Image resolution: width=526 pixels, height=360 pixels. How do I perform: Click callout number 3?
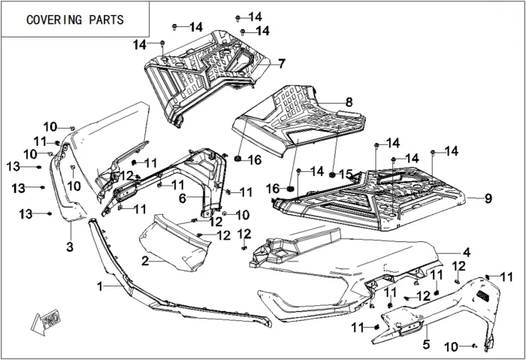point(68,247)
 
